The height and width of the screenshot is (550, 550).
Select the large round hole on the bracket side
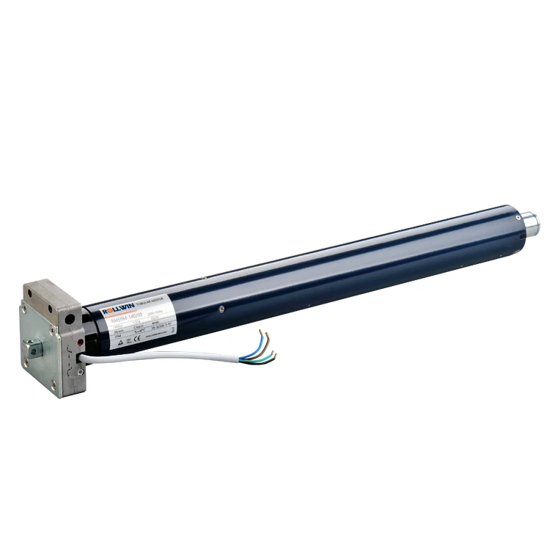coord(70,320)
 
